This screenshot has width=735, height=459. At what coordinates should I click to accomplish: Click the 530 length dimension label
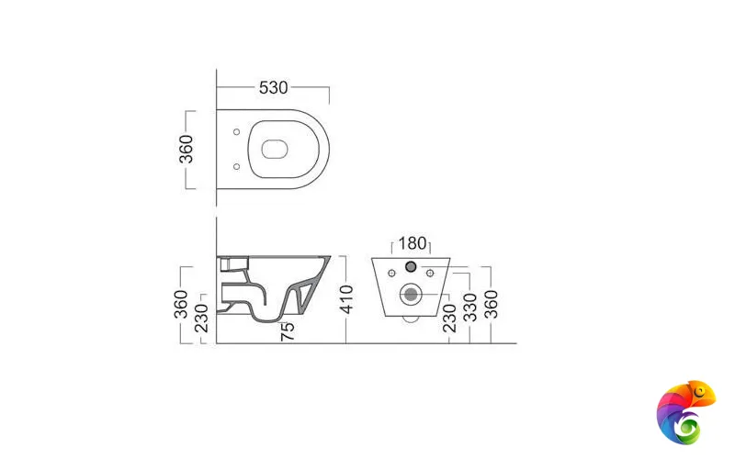[274, 87]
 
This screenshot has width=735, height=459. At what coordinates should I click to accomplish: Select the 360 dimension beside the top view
[186, 149]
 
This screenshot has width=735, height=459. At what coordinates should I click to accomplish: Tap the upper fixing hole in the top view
[238, 131]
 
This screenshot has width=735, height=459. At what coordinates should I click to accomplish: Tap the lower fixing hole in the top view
[238, 166]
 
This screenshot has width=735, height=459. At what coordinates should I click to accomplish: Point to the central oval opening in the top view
[274, 149]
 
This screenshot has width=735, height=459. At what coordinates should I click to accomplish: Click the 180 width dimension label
[413, 243]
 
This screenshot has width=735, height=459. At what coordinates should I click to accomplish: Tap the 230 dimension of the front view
[448, 313]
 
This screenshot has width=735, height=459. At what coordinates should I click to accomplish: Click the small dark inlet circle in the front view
[411, 267]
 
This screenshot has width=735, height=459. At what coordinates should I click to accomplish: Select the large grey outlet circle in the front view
[411, 294]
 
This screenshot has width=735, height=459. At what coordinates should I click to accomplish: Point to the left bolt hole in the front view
[392, 273]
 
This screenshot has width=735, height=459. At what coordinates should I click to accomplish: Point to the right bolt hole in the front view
[429, 273]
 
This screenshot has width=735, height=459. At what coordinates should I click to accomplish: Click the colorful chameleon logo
[685, 411]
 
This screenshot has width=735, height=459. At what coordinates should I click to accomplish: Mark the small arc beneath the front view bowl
[412, 319]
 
